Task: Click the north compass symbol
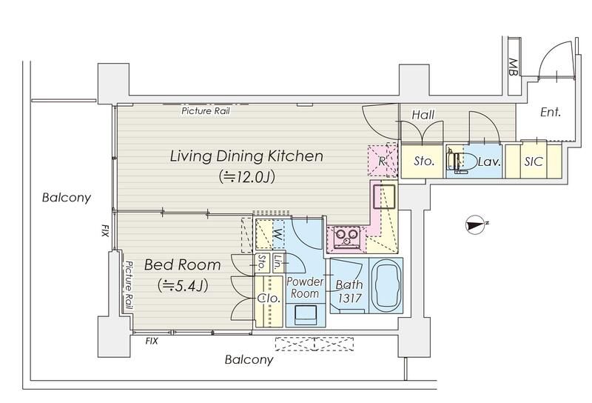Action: pyautogui.click(x=476, y=224)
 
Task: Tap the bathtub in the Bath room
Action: pyautogui.click(x=386, y=286)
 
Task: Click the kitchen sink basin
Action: pyautogui.click(x=384, y=196)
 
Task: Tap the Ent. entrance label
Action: pyautogui.click(x=551, y=112)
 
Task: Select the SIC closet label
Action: pyautogui.click(x=534, y=161)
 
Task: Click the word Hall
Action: pyautogui.click(x=423, y=115)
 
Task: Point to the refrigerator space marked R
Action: pyautogui.click(x=382, y=161)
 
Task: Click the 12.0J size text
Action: pyautogui.click(x=247, y=176)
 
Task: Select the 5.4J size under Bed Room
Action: pyautogui.click(x=183, y=286)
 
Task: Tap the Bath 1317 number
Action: pyautogui.click(x=349, y=299)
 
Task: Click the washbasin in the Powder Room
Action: pyautogui.click(x=305, y=315)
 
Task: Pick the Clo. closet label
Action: pyautogui.click(x=269, y=299)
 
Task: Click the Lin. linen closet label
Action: pyautogui.click(x=277, y=262)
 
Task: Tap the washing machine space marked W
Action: pyautogui.click(x=277, y=236)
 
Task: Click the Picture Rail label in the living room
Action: pyautogui.click(x=206, y=111)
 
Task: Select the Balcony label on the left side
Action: pyautogui.click(x=67, y=198)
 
